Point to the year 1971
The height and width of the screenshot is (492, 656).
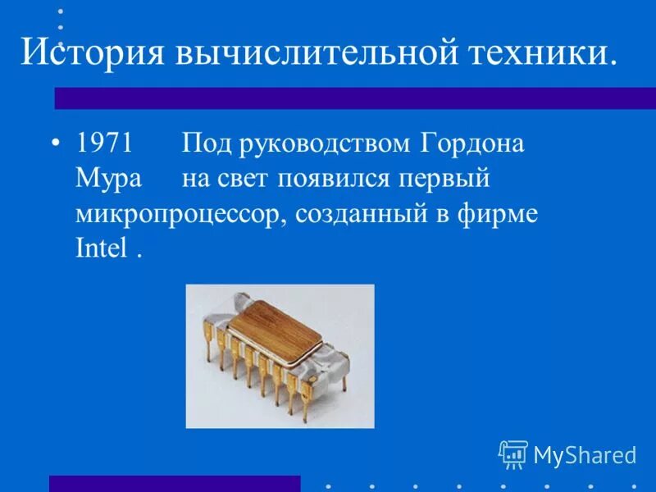pos(105,144)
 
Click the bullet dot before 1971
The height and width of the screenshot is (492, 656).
pos(55,143)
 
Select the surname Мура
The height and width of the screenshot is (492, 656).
pos(107,179)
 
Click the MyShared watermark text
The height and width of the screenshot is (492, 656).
pos(585,455)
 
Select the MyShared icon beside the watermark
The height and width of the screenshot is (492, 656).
pos(512,453)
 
